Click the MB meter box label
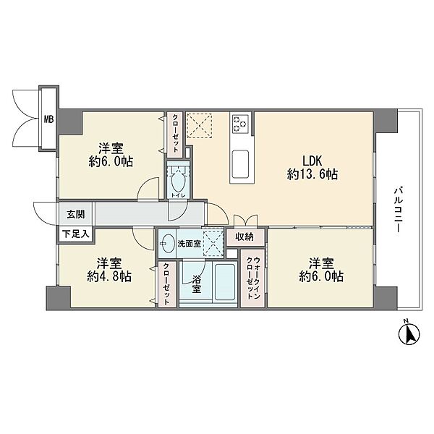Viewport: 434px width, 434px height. (x=49, y=119)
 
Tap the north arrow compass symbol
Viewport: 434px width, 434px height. (x=409, y=333)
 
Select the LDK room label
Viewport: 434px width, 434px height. (x=312, y=161)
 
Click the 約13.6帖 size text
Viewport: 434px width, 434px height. (x=312, y=174)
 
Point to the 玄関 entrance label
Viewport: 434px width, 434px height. (x=76, y=214)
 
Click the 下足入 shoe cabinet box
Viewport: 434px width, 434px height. (x=75, y=234)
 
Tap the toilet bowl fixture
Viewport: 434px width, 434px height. (x=178, y=182)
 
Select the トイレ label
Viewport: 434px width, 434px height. (x=178, y=195)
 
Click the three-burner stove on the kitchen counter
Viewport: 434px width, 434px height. (x=240, y=123)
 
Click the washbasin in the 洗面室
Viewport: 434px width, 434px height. (x=168, y=244)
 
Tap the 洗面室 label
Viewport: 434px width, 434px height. (x=189, y=244)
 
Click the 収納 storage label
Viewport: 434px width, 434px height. (x=244, y=237)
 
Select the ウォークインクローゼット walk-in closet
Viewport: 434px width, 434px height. (x=252, y=278)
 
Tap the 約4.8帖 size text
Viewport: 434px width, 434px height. (x=109, y=276)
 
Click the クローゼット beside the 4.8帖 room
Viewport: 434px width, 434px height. (x=166, y=284)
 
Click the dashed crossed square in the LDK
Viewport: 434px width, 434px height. (x=199, y=126)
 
